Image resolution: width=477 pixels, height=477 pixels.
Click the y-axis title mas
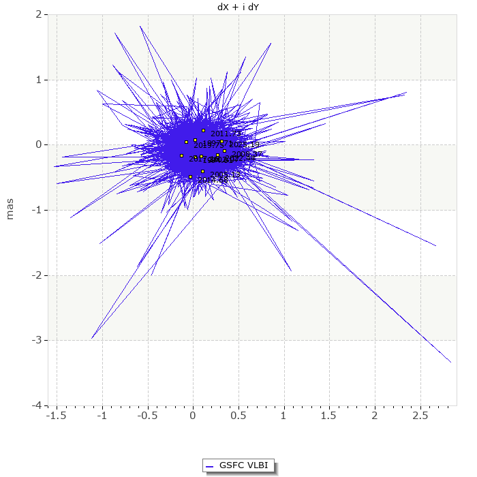click(x=10, y=209)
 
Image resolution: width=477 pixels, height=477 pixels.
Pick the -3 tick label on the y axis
click(x=38, y=340)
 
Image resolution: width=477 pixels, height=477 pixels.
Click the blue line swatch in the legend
click(x=211, y=465)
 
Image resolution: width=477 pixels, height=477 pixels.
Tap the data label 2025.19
click(x=244, y=144)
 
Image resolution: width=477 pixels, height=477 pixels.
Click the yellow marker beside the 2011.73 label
click(x=203, y=130)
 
